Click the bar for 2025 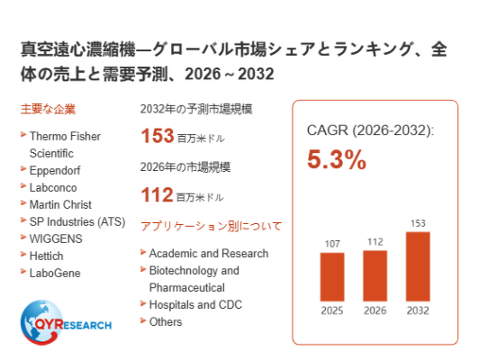click(x=332, y=276)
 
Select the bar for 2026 click(x=375, y=275)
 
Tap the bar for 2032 click(x=418, y=266)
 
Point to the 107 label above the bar click(x=332, y=244)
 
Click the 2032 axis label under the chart click(x=418, y=310)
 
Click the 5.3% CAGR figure click(x=337, y=159)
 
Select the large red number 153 click(x=158, y=136)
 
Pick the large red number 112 click(x=157, y=194)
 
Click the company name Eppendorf click(x=55, y=170)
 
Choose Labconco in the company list click(x=53, y=187)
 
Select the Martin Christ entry click(x=60, y=204)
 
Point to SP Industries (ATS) click(x=77, y=221)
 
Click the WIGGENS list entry click(x=56, y=238)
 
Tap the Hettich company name click(x=47, y=256)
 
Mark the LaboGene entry click(x=55, y=273)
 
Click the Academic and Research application click(x=209, y=254)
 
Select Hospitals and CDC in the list click(x=195, y=305)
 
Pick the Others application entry click(x=166, y=322)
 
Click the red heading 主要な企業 click(x=48, y=109)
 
